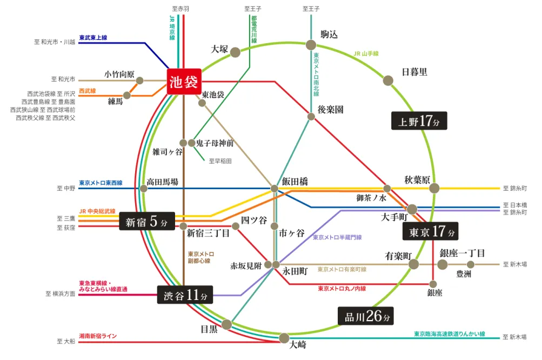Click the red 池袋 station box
pos(184,82)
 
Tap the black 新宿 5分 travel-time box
pos(147,221)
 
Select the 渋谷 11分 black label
pos(185,295)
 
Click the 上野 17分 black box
pos(419,121)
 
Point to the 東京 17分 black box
pos(430,231)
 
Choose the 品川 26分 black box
pos(366,316)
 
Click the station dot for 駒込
pos(311,45)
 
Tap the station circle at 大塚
pos(236,52)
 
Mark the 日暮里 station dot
pos(388,81)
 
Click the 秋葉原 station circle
pos(434,188)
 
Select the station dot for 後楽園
pos(311,117)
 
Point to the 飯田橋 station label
pos(295,181)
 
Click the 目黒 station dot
pos(227,324)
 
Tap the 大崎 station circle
pos(284,338)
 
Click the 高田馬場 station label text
pos(163,182)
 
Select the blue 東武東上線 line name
pos(93,37)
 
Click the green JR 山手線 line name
pos(366,54)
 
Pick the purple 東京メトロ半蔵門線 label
pos(337,237)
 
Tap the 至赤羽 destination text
pos(180,9)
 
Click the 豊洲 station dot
pos(471,264)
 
